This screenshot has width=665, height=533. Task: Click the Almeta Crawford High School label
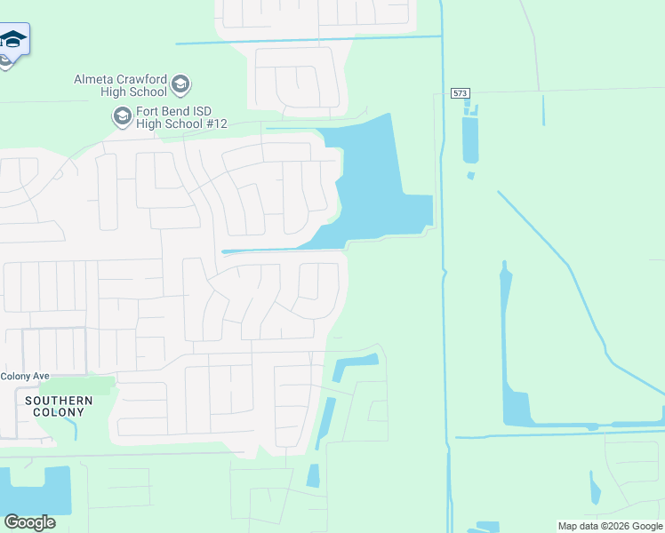coord(120,85)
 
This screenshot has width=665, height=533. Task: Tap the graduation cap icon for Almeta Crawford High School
coord(180,84)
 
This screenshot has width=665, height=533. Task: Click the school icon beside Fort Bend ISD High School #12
coord(121,115)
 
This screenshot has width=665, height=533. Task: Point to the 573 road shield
coord(460,92)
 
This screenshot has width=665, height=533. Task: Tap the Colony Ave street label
coord(25,376)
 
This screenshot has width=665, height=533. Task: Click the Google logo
coord(29,521)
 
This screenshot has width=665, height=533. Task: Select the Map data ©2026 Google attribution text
coord(610,526)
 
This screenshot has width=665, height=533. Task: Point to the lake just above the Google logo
coord(36,489)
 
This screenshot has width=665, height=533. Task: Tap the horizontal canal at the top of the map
coord(311,40)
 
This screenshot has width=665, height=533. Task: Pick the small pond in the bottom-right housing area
coord(594,488)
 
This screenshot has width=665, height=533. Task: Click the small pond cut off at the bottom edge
coord(487,527)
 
